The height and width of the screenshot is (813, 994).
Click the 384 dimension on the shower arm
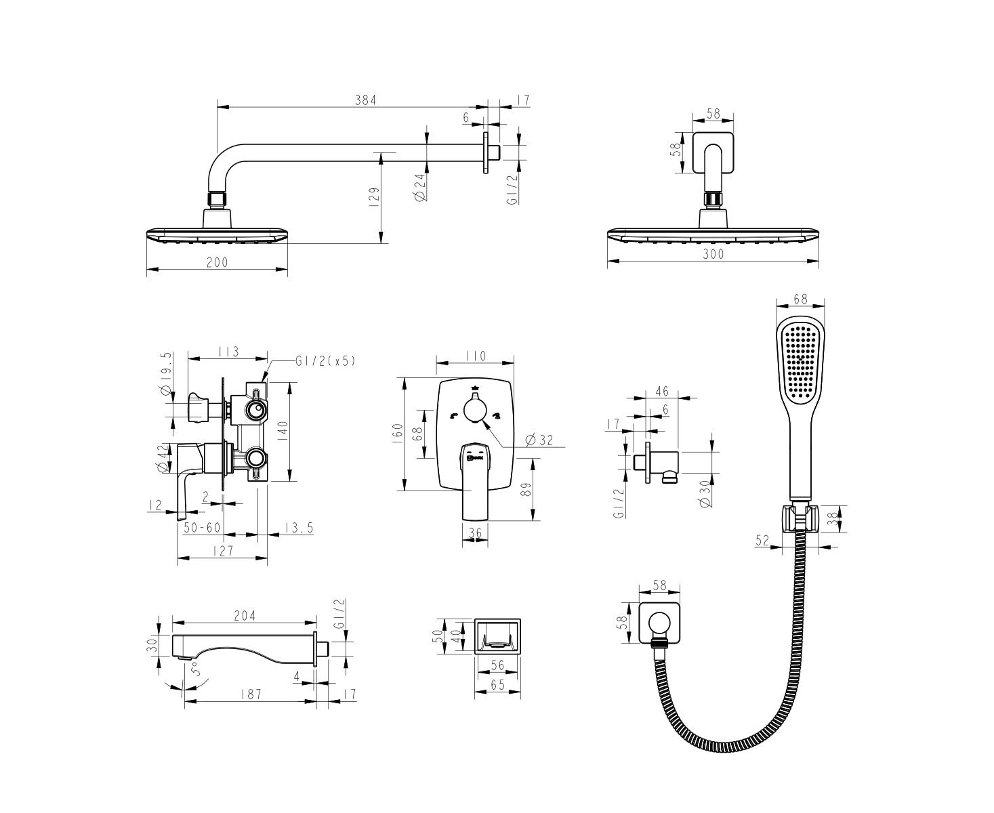tap(365, 100)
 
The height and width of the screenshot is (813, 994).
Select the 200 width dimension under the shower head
tap(217, 262)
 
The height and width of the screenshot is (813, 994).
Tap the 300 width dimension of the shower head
tap(713, 254)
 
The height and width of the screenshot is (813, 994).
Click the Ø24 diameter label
tap(421, 188)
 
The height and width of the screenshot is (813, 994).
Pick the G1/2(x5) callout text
tap(325, 362)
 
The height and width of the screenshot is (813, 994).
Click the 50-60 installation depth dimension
tap(202, 527)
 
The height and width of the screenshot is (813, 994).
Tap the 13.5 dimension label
tap(298, 527)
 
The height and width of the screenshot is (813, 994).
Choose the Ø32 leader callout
tap(539, 440)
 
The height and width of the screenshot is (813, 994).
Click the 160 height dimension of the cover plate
tap(398, 434)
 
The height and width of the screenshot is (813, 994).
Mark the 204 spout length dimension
tap(245, 616)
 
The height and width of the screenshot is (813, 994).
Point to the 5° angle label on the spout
tap(194, 669)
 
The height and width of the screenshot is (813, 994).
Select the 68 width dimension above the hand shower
tap(800, 299)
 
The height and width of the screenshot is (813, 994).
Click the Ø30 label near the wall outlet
tap(705, 494)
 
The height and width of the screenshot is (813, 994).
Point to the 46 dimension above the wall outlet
tap(662, 391)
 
